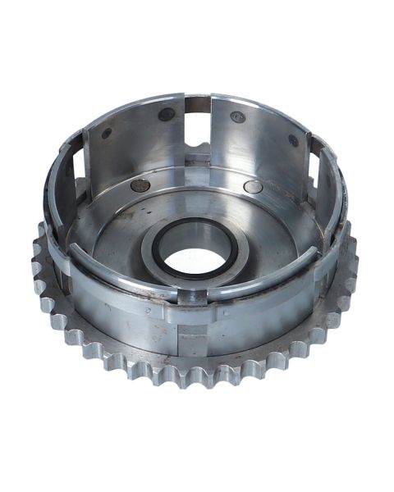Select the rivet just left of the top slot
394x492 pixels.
click(x=167, y=114)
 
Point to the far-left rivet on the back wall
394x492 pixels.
click(x=107, y=133)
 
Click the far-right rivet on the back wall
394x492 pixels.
click(x=293, y=140)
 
